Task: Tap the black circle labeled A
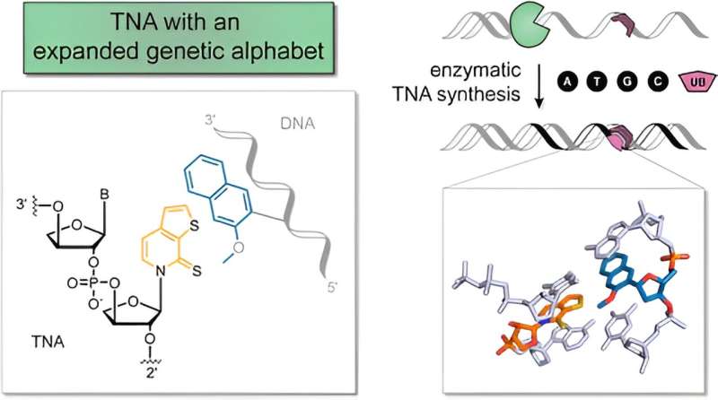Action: (568, 82)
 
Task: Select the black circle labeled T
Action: (597, 82)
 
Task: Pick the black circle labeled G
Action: (627, 82)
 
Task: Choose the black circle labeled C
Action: (658, 82)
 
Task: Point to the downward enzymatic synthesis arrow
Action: (539, 86)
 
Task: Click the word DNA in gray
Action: (298, 124)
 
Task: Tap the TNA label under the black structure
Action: (48, 342)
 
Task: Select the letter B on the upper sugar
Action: (104, 194)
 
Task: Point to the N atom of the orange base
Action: (160, 272)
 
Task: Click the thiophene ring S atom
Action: (193, 225)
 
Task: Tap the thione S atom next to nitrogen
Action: (197, 272)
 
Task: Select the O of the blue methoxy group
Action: (239, 248)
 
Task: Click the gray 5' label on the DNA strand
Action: (331, 288)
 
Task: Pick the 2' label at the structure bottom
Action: (152, 371)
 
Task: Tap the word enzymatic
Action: (475, 71)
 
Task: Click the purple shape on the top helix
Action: (625, 24)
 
